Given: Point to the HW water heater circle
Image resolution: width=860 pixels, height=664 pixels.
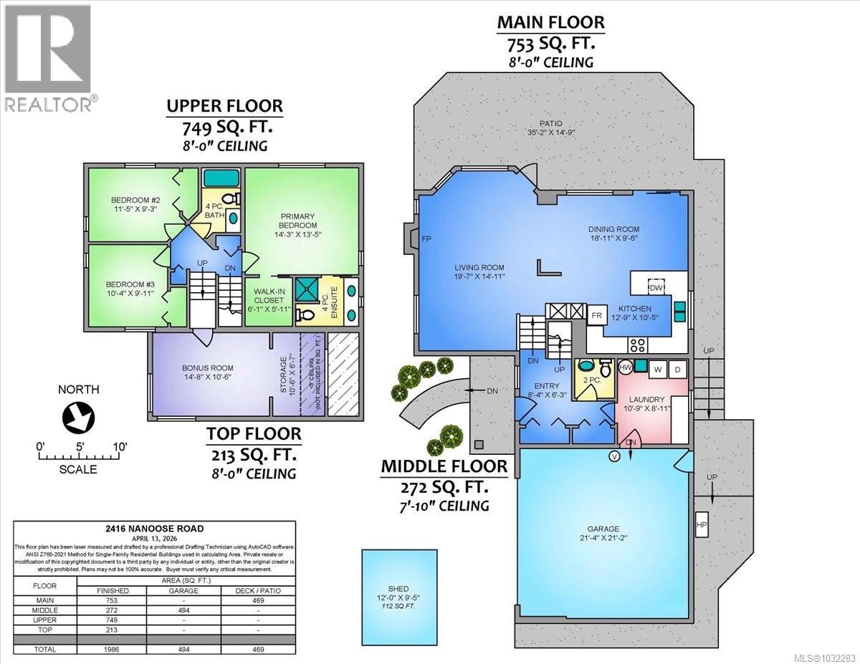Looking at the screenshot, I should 625,367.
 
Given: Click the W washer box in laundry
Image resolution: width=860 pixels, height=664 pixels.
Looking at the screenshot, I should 658,369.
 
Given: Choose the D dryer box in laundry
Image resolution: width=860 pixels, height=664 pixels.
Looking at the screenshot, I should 678,369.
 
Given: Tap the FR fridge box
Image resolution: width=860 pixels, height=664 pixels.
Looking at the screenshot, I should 596,315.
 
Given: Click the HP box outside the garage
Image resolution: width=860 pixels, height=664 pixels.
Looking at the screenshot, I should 701,524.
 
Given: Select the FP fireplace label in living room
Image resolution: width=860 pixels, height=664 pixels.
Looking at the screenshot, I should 426,239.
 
